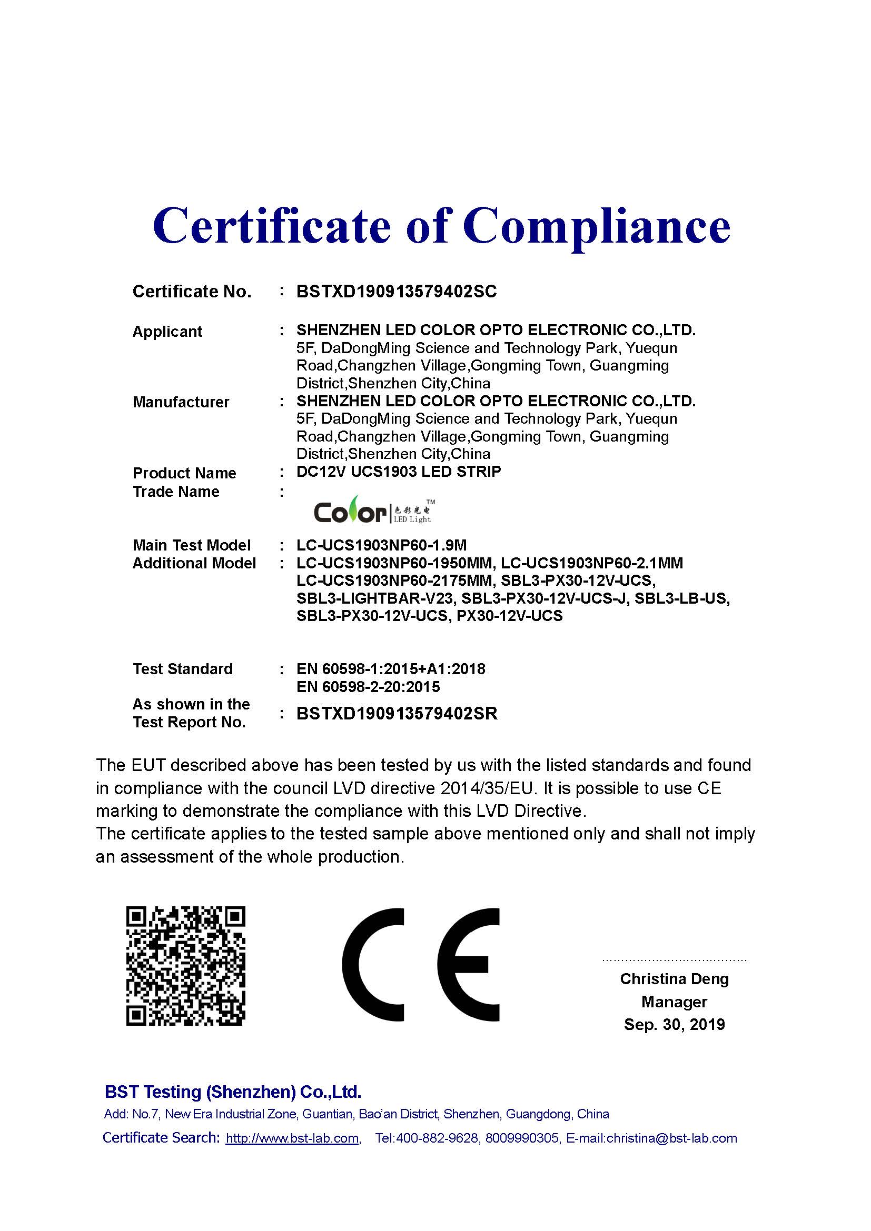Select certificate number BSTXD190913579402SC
[397, 291]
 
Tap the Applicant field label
[167, 332]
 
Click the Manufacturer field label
[181, 402]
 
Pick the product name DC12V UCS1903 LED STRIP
[399, 472]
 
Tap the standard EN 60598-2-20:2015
[368, 687]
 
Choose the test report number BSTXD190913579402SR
[397, 713]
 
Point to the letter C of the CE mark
[374, 965]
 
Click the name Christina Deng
[674, 979]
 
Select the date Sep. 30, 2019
[674, 1025]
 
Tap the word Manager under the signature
[674, 1002]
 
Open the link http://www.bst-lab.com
[292, 1138]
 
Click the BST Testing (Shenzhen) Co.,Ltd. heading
[233, 1092]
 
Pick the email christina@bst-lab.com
[671, 1138]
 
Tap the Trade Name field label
[176, 492]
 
